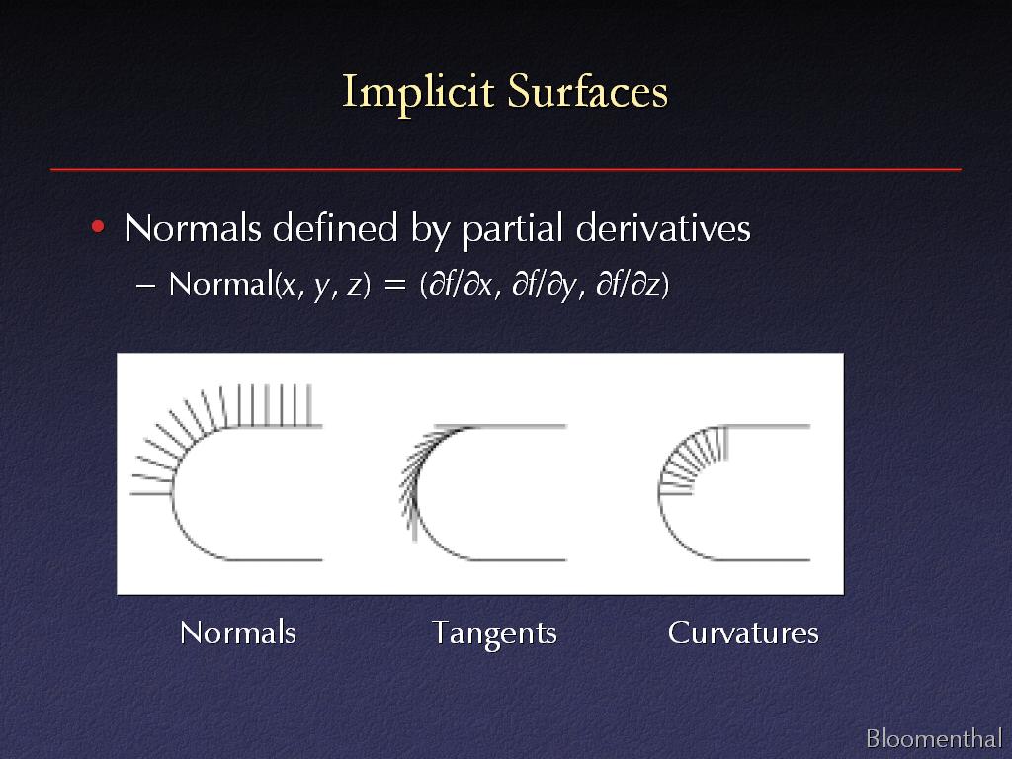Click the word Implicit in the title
[x=418, y=93]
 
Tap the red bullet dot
[x=98, y=226]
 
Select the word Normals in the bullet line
[x=193, y=228]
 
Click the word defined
[x=335, y=227]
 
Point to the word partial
[x=514, y=229]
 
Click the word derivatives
[x=663, y=228]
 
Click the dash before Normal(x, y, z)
[x=146, y=286]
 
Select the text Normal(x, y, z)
[x=270, y=285]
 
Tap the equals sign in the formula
[x=394, y=285]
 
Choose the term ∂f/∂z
[x=629, y=285]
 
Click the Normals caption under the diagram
[x=238, y=632]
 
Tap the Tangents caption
[x=494, y=633]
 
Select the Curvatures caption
[x=743, y=632]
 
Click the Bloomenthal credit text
[x=933, y=737]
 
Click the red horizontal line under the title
[x=506, y=169]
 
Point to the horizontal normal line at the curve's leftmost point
[x=151, y=494]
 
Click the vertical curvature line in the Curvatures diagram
[x=725, y=443]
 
